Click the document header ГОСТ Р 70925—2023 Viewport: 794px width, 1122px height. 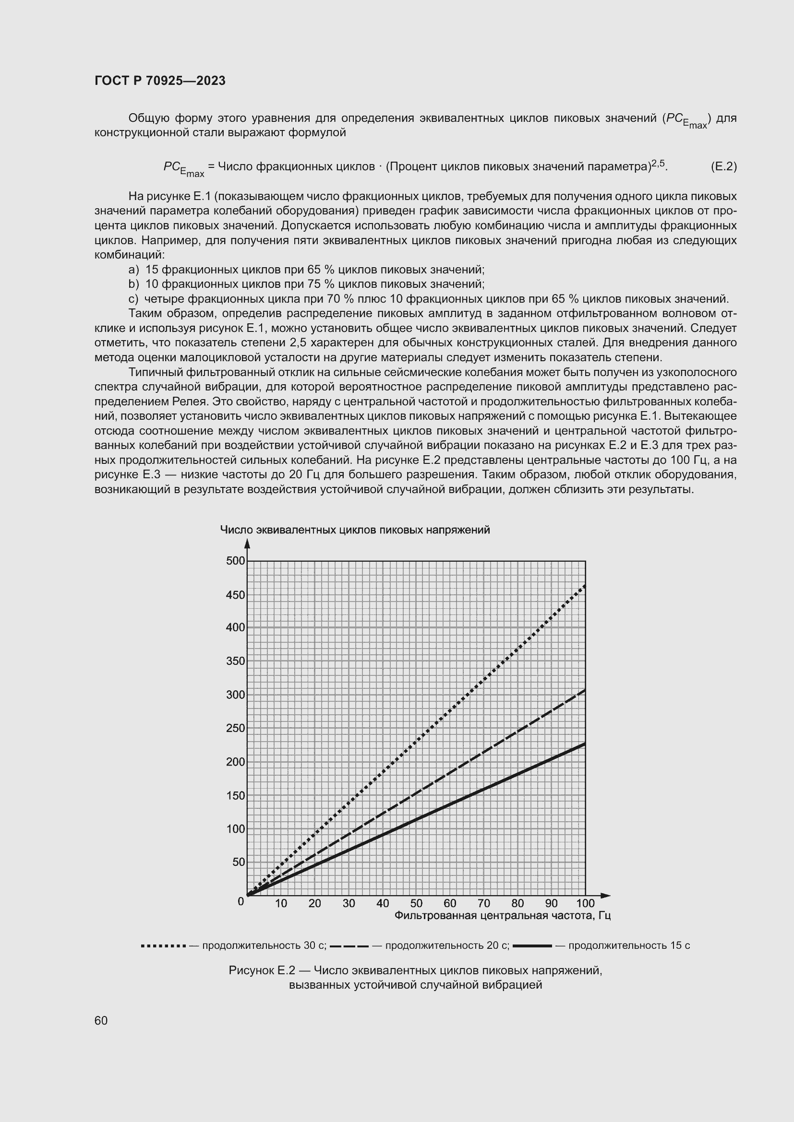click(x=160, y=81)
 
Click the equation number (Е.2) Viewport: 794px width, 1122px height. click(x=723, y=166)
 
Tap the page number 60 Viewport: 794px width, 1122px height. click(x=101, y=1020)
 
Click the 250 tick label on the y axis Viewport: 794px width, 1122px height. click(x=236, y=728)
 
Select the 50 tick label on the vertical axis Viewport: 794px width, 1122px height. click(x=239, y=862)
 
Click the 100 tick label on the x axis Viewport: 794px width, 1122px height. click(x=585, y=904)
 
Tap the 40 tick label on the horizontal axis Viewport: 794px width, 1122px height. click(x=383, y=904)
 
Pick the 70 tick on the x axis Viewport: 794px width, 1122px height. click(x=484, y=904)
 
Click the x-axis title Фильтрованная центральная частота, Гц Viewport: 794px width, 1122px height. click(x=503, y=915)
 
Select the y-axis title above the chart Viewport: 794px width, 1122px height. click(x=355, y=530)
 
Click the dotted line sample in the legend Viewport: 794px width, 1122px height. click(x=163, y=946)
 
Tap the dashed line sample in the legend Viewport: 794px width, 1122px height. click(x=349, y=946)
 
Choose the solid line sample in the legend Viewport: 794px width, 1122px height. click(x=532, y=946)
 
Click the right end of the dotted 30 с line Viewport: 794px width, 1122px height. click(x=584, y=586)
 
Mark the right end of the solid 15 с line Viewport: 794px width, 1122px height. click(x=584, y=744)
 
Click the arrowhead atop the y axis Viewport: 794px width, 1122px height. click(x=247, y=543)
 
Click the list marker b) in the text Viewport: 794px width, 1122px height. click(x=133, y=284)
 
